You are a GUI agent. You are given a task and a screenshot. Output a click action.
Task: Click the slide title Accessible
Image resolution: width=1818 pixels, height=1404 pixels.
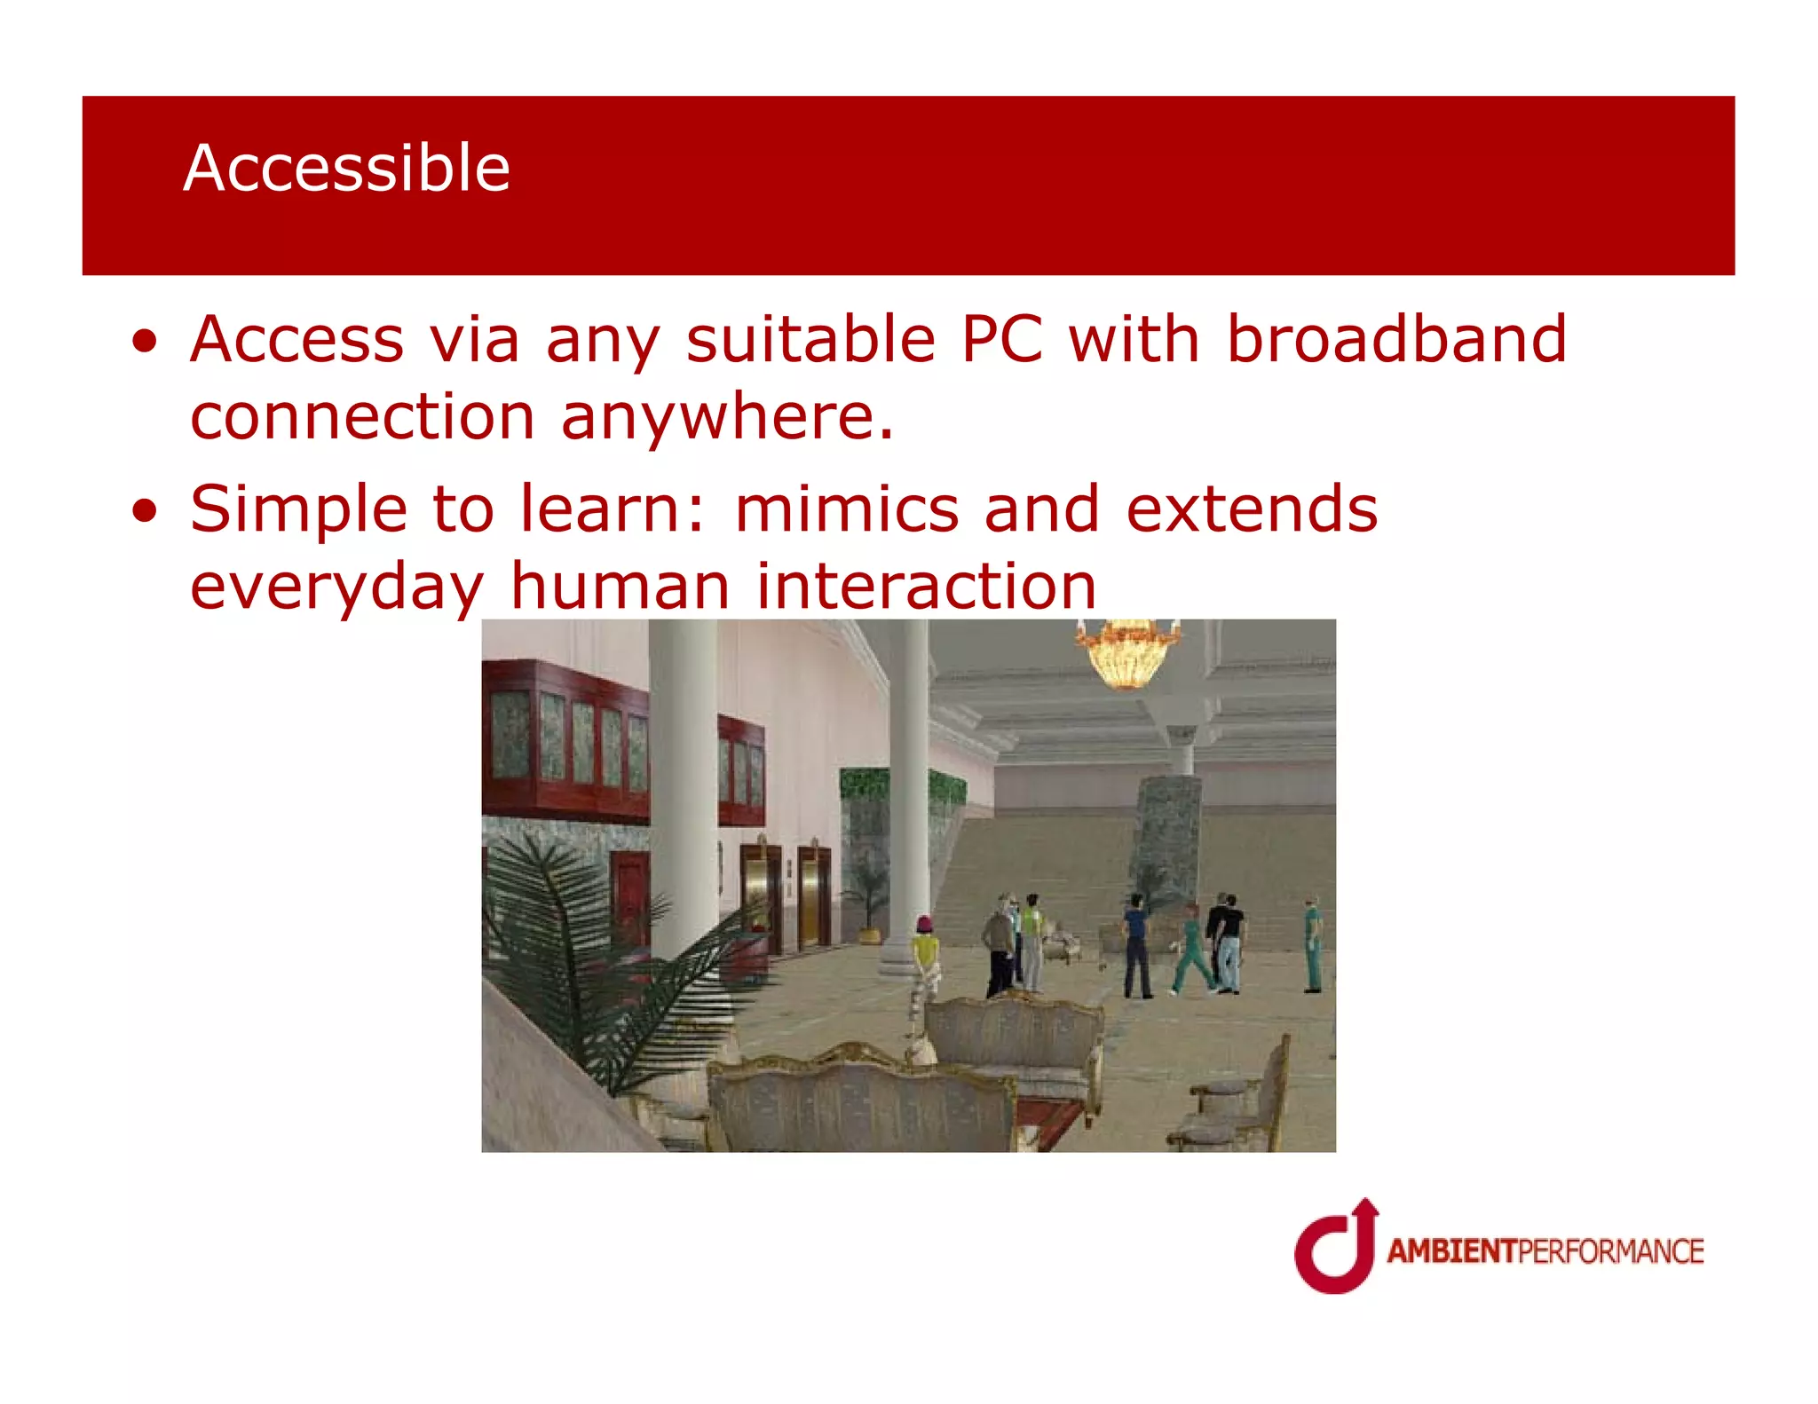click(x=346, y=169)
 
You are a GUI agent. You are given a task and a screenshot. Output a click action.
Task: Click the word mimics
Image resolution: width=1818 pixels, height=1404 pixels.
click(x=847, y=509)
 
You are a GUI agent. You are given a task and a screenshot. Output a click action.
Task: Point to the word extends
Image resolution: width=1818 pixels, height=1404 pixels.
click(x=1252, y=509)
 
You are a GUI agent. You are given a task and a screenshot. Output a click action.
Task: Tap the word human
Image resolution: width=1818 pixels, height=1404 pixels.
click(x=620, y=587)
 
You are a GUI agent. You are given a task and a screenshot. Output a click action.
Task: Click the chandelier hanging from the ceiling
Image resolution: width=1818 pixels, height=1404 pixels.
click(x=1126, y=655)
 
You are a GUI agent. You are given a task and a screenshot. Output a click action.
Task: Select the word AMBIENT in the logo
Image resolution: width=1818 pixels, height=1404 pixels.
click(x=1452, y=1251)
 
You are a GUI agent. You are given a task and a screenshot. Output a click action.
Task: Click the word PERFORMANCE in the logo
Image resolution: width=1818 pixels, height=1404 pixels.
click(x=1610, y=1251)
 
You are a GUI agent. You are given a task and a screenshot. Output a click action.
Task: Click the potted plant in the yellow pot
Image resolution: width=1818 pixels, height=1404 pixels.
click(x=868, y=905)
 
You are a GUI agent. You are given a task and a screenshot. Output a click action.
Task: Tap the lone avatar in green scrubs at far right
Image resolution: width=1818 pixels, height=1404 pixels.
click(x=1312, y=945)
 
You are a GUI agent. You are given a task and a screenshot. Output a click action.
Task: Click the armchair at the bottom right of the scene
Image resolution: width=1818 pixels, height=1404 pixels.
click(x=1238, y=1105)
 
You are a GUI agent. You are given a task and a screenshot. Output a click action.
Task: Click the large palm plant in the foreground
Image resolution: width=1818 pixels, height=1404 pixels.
click(x=604, y=958)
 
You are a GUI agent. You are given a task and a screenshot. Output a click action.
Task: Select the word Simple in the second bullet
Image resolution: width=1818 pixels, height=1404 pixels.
click(x=297, y=509)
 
